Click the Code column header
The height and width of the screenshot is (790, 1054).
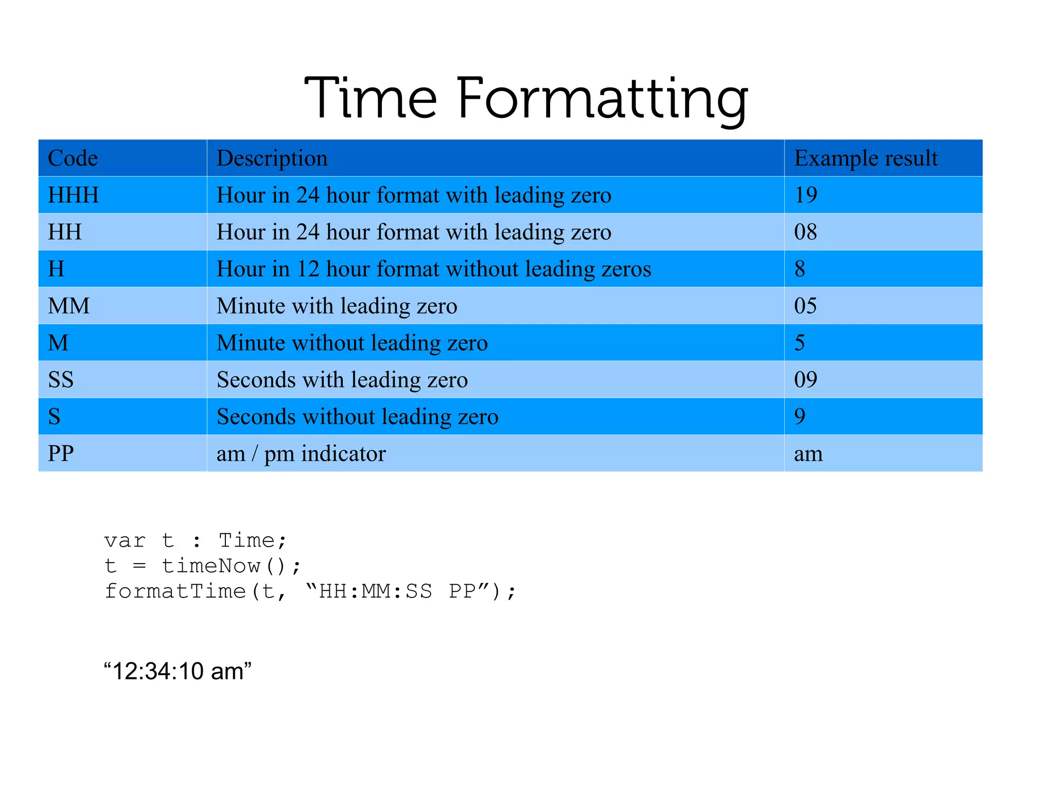coord(73,158)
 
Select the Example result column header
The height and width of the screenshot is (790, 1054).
coord(866,158)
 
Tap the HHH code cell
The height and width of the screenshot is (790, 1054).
coord(73,195)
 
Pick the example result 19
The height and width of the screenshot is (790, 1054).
coord(805,195)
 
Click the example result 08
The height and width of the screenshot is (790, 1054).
coord(805,232)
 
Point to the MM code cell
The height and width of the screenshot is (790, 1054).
coord(68,306)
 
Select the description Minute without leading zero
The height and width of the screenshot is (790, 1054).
coord(352,343)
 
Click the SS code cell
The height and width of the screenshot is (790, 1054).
coord(61,380)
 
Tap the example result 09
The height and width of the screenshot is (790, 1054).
coord(805,380)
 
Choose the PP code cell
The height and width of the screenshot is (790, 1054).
coord(61,453)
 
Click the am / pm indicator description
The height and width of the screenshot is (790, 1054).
coord(301,453)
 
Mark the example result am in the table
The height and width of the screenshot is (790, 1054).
coord(808,453)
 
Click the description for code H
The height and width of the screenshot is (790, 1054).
coord(434,269)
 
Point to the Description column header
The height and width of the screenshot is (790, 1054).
coord(272,158)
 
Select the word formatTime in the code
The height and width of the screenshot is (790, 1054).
coord(175,591)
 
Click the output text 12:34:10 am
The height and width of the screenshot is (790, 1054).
coord(178,671)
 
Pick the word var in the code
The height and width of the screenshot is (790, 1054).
coord(125,541)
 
